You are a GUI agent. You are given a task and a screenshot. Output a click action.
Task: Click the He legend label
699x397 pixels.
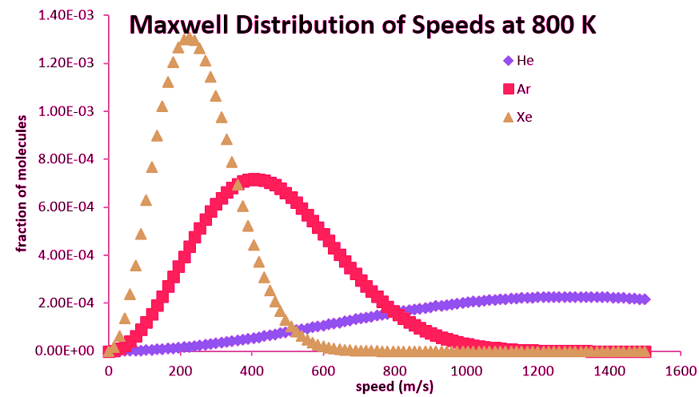point(525,61)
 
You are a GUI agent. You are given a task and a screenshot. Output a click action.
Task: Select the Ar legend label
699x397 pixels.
point(525,88)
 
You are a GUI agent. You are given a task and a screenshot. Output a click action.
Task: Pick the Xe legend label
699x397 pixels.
point(525,116)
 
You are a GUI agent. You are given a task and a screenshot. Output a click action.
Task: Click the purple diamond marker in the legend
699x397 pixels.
point(506,61)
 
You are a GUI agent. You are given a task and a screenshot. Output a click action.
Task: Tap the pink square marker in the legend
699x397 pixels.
point(506,88)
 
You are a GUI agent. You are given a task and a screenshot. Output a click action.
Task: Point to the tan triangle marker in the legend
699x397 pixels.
point(506,116)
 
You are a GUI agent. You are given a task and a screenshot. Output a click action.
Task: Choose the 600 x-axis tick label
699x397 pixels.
point(323,371)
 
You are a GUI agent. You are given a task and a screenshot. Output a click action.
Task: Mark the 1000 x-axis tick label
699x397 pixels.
point(466,371)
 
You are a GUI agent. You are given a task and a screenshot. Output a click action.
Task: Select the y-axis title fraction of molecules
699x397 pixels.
point(23,184)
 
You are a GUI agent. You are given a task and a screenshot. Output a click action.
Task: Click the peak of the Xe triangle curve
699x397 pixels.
point(188,38)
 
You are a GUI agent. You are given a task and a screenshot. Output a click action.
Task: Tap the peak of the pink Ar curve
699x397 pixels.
point(254,180)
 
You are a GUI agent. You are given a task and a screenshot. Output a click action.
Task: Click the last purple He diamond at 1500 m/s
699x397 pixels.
point(645,299)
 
